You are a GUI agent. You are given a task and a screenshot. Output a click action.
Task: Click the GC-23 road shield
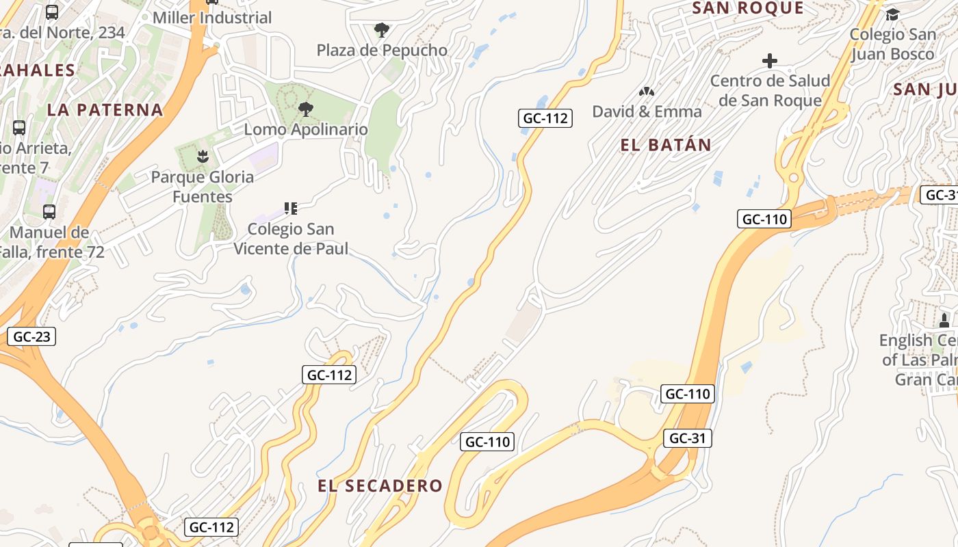(x=31, y=336)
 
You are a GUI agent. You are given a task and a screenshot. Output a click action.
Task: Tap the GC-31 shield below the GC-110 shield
(x=687, y=438)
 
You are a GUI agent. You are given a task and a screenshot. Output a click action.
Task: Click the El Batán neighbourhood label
(x=666, y=145)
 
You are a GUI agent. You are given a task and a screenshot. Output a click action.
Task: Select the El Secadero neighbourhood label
(x=380, y=485)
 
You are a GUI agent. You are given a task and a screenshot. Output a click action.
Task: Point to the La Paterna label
(x=105, y=109)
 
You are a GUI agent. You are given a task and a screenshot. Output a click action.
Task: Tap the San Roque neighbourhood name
(x=748, y=8)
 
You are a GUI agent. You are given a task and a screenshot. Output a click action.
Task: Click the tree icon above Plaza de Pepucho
(x=382, y=30)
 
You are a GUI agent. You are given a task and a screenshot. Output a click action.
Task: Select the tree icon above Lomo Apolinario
(x=306, y=109)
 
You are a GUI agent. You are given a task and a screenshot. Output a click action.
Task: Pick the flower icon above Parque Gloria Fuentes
(x=203, y=157)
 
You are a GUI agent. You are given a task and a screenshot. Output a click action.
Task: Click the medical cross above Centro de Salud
(x=770, y=61)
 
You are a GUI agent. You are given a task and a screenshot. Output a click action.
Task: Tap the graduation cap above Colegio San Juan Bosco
(x=892, y=14)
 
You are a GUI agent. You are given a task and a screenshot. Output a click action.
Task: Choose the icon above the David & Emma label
(x=646, y=91)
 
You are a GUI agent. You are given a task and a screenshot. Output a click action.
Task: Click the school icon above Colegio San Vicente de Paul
(x=291, y=208)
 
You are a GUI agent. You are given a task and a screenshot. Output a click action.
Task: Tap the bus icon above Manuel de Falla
(x=49, y=212)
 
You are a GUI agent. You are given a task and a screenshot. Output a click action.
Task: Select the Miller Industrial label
(x=212, y=18)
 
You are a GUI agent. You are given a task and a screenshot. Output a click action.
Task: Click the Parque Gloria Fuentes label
(x=203, y=187)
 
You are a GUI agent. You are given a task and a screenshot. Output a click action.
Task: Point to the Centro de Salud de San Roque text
(x=770, y=90)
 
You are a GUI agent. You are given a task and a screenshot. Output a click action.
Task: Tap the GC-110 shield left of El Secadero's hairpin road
(x=487, y=442)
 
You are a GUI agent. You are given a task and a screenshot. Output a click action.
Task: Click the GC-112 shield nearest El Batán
(x=545, y=118)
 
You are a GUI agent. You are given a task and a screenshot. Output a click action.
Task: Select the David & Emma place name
(x=647, y=111)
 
